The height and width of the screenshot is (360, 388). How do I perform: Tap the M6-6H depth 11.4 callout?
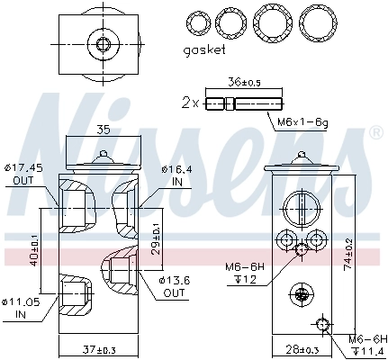coord(367,344)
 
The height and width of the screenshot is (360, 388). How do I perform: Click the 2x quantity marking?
coord(189,103)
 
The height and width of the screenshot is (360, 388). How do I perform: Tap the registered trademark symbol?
coord(374,133)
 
